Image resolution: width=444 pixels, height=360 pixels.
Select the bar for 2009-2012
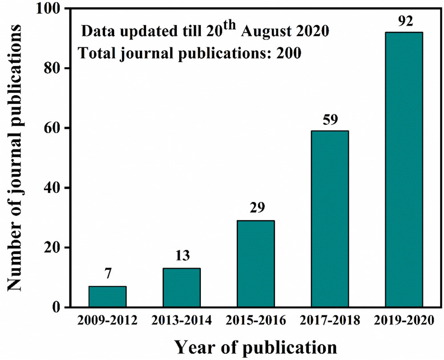pos(107,297)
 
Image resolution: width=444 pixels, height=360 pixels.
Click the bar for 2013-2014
pos(181,288)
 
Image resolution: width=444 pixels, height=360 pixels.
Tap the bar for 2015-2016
pos(256,264)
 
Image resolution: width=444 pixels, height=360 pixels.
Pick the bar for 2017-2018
pos(330,219)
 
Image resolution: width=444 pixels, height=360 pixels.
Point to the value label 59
pos(330,121)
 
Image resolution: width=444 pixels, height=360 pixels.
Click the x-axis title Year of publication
pos(255,346)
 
